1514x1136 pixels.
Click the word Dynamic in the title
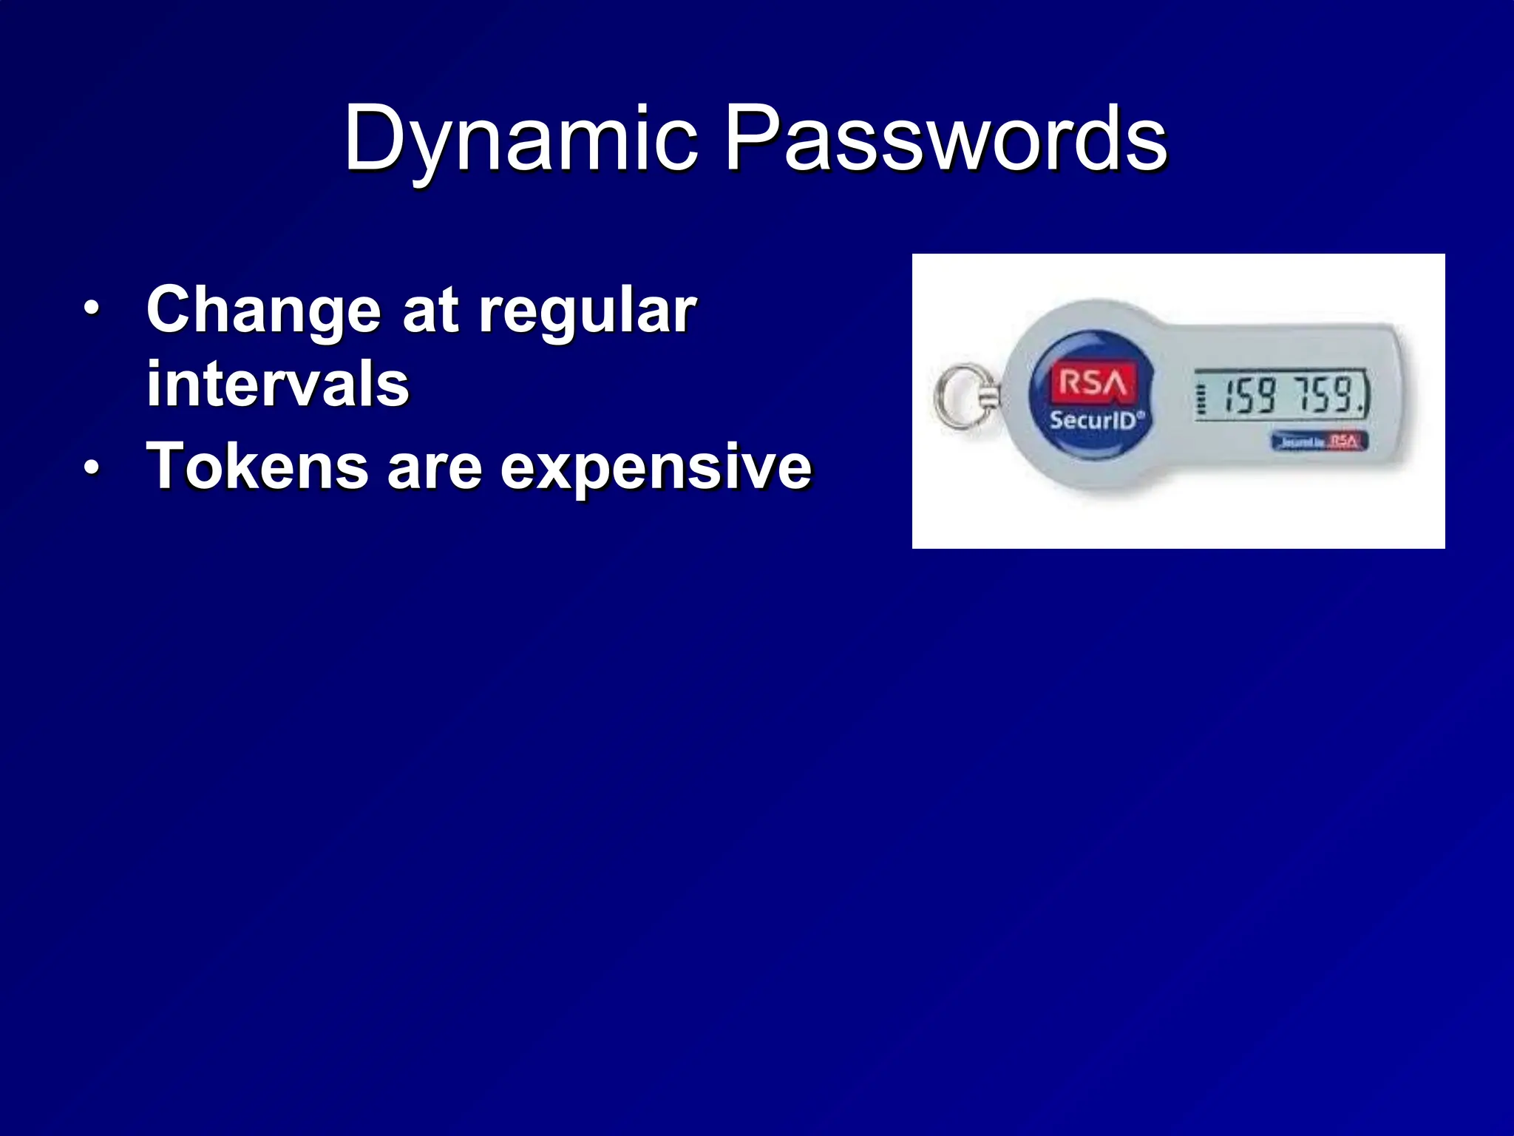click(520, 139)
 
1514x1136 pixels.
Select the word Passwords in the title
click(946, 139)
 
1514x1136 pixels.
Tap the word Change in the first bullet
click(263, 311)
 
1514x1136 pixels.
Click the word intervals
click(278, 384)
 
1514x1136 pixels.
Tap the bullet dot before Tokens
click(90, 467)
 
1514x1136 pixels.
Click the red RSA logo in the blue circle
click(1092, 382)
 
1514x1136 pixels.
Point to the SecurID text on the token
click(1094, 420)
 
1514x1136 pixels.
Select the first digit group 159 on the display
click(1250, 395)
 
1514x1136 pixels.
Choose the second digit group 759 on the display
click(1330, 395)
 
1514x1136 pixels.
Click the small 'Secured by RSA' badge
click(1320, 442)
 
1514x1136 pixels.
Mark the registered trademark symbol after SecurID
click(1141, 415)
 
